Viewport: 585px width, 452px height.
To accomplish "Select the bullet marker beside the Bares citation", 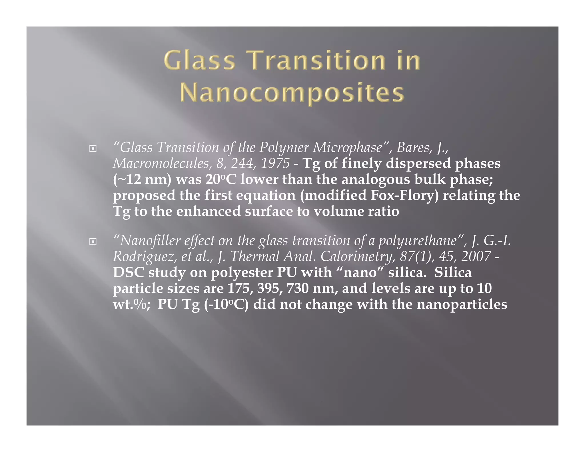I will coord(93,149).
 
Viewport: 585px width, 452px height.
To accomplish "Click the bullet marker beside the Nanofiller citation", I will coord(93,242).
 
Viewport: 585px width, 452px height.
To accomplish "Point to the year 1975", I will coord(275,163).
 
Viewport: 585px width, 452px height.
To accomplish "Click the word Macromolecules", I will coord(161,163).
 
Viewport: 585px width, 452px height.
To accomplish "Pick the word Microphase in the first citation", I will coord(347,148).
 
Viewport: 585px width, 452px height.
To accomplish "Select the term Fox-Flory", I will coord(404,195).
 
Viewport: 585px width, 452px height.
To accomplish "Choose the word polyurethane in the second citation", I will coord(417,241).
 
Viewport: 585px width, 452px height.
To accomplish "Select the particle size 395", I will coord(269,288).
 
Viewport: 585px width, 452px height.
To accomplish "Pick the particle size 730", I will coord(297,288).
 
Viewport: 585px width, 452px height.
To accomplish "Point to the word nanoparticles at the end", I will coord(462,304).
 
